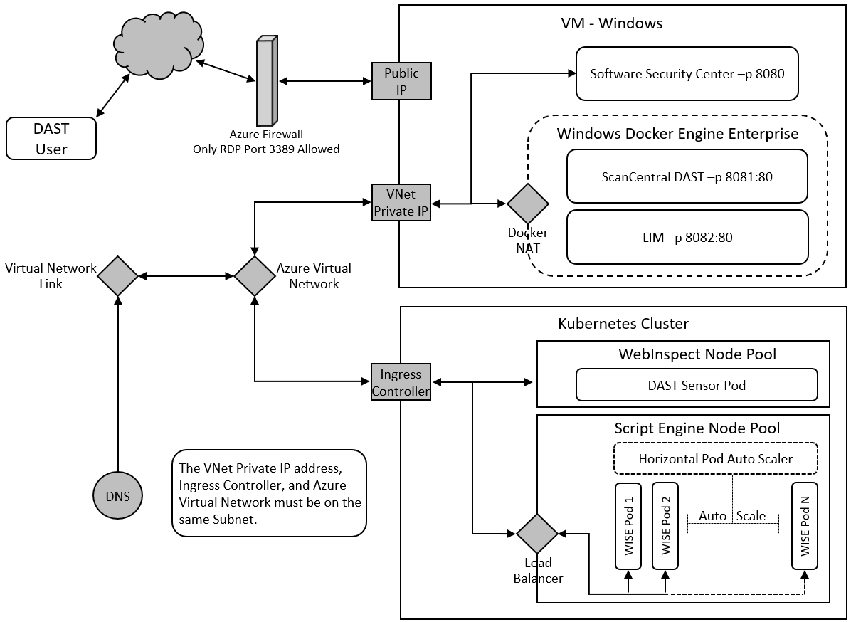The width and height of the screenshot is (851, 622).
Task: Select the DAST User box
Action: (51, 139)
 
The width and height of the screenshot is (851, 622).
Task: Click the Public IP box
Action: (401, 81)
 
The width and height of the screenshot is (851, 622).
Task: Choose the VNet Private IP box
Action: (401, 202)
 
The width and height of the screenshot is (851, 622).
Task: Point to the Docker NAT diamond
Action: (528, 204)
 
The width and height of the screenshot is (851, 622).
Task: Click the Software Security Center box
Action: (687, 73)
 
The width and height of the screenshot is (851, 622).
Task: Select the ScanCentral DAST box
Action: (687, 176)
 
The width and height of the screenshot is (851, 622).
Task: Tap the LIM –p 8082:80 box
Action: (687, 237)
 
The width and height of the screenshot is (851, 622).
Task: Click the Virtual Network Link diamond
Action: (118, 275)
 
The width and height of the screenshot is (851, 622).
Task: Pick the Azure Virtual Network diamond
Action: (255, 275)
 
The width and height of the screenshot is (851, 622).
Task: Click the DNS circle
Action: (118, 496)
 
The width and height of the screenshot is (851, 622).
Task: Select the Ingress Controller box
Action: (401, 382)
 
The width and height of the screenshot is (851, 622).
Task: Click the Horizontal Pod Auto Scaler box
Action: (715, 459)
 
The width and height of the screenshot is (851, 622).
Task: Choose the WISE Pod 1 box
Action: (629, 526)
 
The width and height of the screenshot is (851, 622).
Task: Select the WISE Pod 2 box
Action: (666, 526)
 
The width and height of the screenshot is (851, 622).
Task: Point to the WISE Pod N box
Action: (805, 526)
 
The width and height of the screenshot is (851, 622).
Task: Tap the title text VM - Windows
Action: (612, 23)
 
